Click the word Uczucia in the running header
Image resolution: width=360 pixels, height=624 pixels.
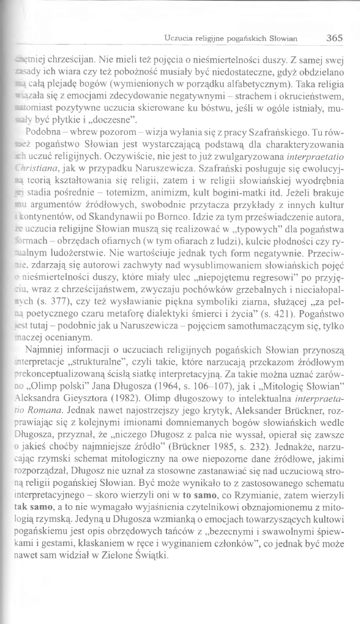point(179,38)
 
